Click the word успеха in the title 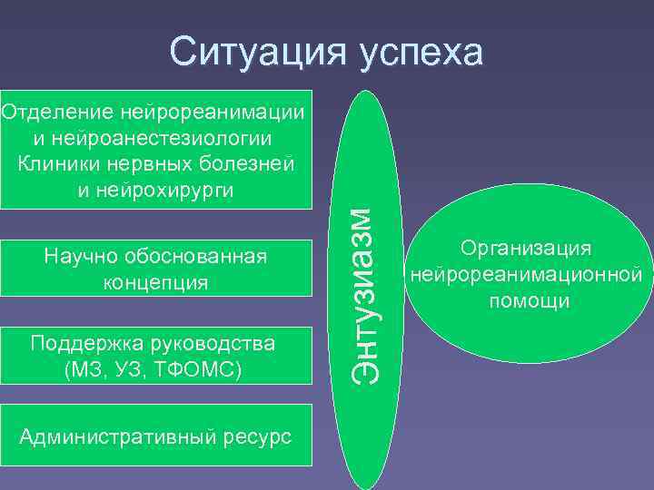420,54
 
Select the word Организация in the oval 526,248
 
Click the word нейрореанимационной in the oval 526,274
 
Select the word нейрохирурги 178,190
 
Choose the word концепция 154,282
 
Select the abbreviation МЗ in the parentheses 84,369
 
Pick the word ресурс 260,437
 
